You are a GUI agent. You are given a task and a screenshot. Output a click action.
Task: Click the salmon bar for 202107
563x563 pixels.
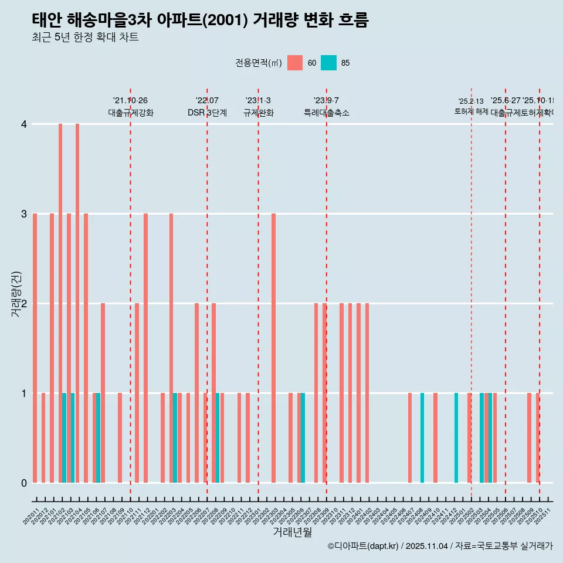[x=103, y=393]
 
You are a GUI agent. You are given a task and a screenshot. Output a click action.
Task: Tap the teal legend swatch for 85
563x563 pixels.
[x=329, y=63]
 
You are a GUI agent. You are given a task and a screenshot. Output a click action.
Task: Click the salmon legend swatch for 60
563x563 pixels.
[x=295, y=63]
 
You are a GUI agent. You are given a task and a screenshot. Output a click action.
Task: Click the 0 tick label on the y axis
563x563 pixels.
[x=23, y=483]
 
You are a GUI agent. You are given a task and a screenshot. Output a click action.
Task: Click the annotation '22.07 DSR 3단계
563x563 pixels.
[x=207, y=107]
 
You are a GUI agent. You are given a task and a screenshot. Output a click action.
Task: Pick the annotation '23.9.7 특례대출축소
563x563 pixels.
[x=326, y=107]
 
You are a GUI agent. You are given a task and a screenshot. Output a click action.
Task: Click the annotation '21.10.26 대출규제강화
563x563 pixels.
[x=130, y=107]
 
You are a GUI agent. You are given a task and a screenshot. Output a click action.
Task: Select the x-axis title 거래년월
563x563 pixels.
[x=292, y=533]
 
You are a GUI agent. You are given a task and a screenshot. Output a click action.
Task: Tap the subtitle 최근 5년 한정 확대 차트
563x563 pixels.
[x=86, y=38]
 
